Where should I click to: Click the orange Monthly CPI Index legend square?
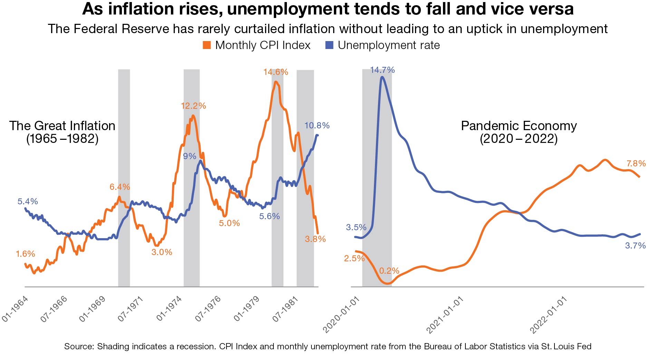(x=207, y=45)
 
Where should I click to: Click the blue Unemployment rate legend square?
(x=329, y=45)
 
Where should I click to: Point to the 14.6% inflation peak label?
(x=276, y=72)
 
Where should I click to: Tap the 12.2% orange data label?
(x=193, y=106)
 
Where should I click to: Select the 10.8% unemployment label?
(x=317, y=126)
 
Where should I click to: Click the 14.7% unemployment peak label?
(x=382, y=70)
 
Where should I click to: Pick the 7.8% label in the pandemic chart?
(x=636, y=163)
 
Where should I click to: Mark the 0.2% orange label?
(x=389, y=271)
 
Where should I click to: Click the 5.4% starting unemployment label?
(x=28, y=202)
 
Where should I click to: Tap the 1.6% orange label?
(x=25, y=254)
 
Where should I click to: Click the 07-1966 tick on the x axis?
(x=54, y=309)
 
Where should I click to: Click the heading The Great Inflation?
(x=62, y=126)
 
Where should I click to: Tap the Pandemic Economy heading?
(x=519, y=126)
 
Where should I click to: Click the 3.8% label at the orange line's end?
(x=315, y=239)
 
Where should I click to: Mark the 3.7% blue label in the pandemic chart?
(x=635, y=246)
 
